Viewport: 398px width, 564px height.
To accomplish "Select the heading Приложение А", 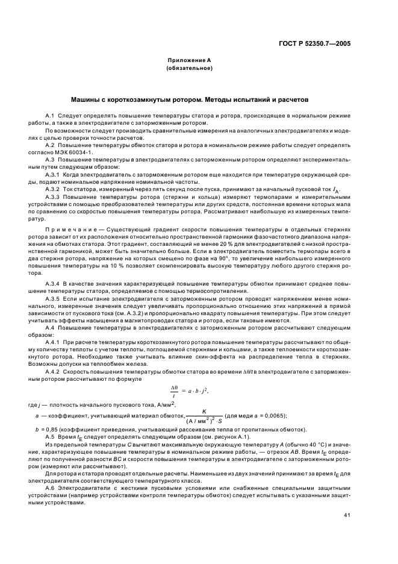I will [188, 61].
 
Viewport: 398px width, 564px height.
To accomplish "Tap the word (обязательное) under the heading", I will [188, 68].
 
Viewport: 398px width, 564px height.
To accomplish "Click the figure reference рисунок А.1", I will [216, 436].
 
